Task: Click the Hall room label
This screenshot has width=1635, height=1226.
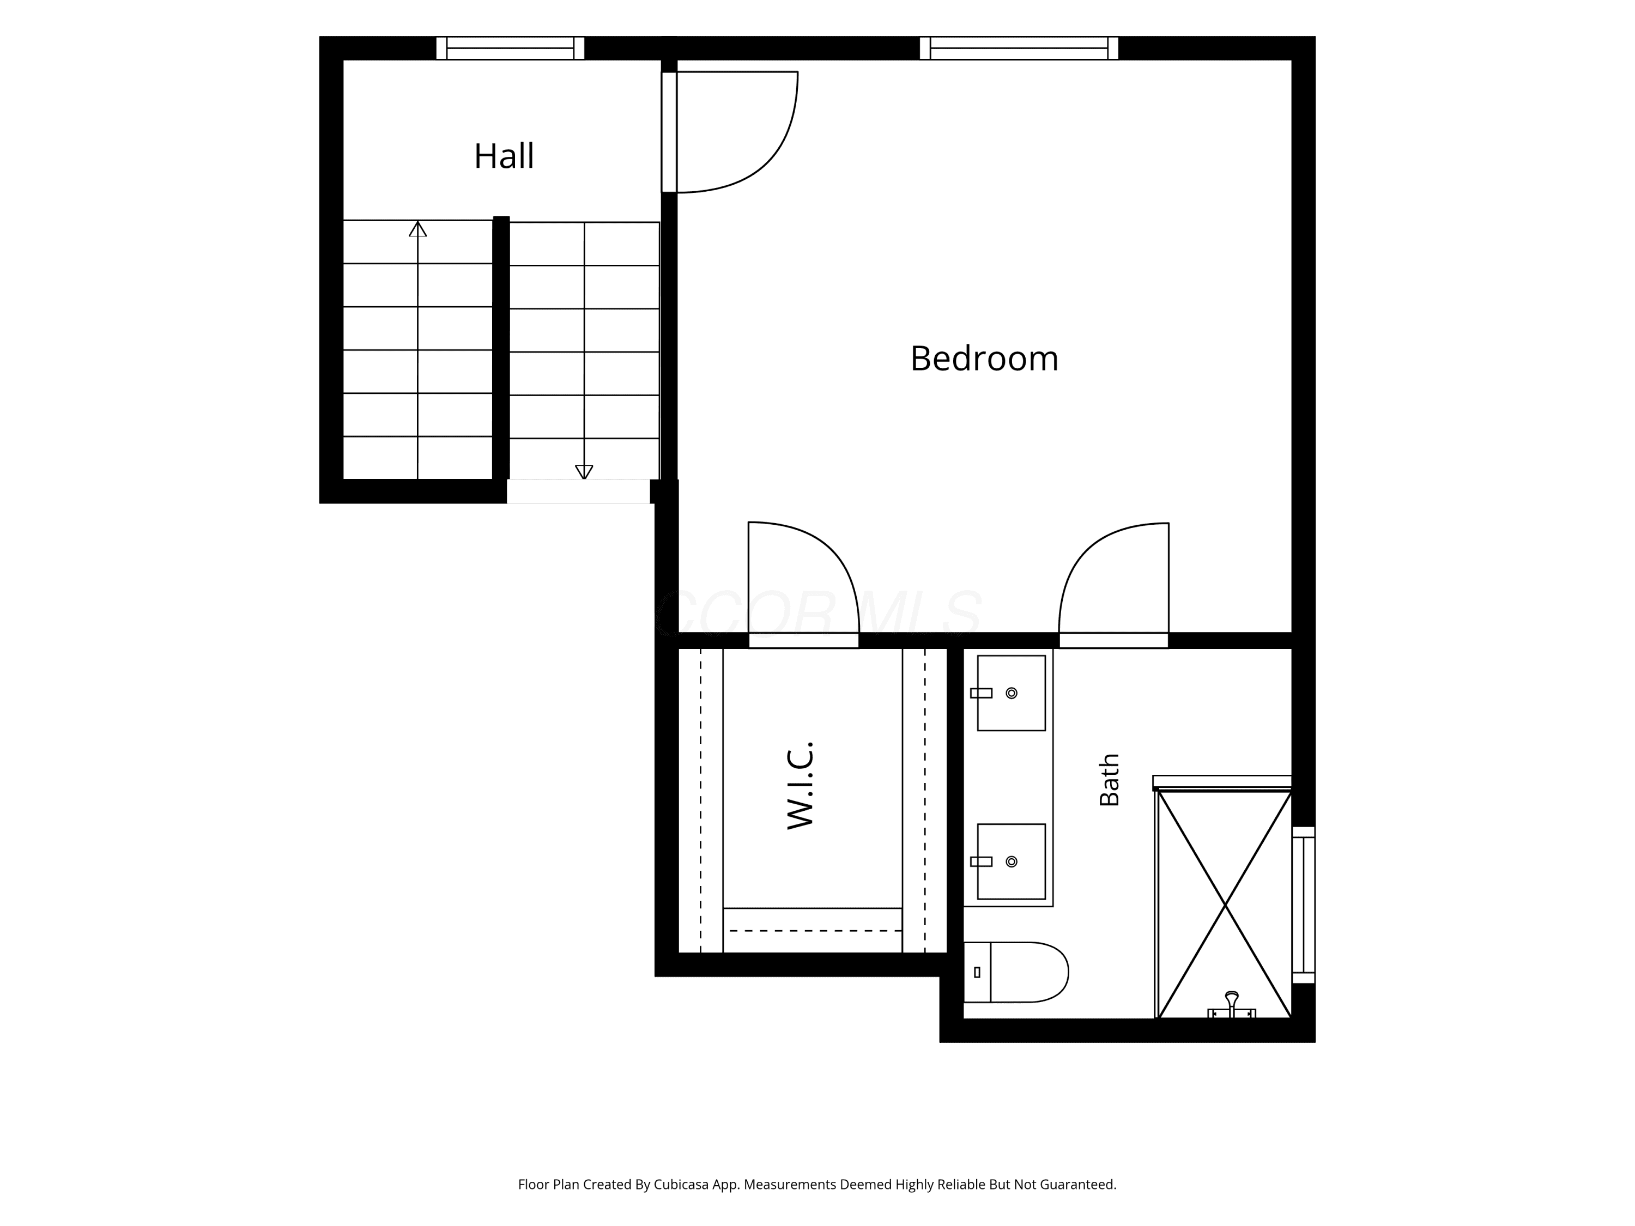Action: pos(504,156)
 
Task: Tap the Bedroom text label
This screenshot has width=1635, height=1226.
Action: pos(984,359)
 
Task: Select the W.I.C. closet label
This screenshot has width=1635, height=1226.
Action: pos(801,786)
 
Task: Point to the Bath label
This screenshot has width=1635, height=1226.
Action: pos(1110,780)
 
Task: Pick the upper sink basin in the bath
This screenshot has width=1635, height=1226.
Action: pos(1011,693)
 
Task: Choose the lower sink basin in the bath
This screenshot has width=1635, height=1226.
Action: pos(1011,861)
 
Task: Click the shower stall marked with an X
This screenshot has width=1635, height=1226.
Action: pos(1224,904)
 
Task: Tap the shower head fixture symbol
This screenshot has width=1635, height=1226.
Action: pos(1231,1005)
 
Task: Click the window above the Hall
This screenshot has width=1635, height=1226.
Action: pos(510,48)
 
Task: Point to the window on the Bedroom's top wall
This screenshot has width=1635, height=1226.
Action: pos(1019,48)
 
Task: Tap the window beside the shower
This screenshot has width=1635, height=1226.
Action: pos(1303,905)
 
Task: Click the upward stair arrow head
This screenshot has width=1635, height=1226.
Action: pos(417,229)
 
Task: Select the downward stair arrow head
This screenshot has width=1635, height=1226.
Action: pos(584,471)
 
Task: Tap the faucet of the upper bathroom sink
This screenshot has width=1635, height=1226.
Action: pos(981,693)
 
